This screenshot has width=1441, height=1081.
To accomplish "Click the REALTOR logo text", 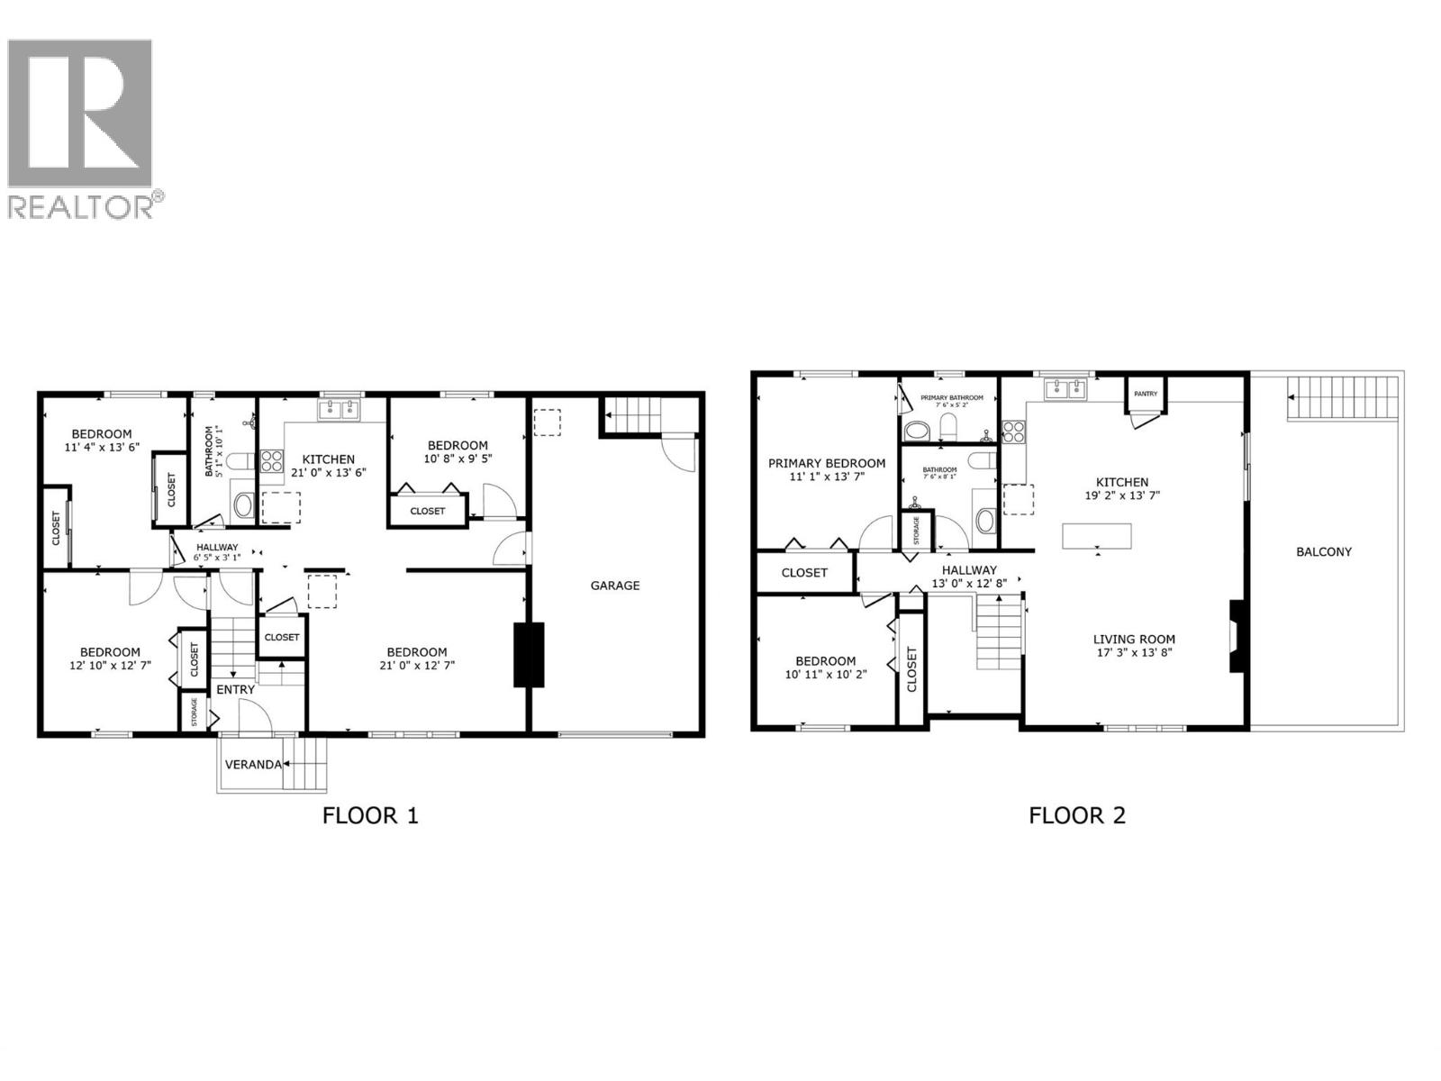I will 85,205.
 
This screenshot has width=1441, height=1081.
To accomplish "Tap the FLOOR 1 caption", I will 370,816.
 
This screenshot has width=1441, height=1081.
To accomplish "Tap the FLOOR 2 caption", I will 1077,816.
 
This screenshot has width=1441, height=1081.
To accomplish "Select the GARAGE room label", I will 615,586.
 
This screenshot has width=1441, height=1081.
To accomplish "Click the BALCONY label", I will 1323,552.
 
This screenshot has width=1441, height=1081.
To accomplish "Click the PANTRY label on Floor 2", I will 1146,394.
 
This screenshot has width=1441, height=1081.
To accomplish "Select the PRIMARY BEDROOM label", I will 826,464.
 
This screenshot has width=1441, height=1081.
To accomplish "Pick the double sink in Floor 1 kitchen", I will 340,411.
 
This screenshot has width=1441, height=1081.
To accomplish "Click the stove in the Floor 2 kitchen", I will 1014,432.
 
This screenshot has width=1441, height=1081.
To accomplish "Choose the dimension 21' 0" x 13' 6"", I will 328,472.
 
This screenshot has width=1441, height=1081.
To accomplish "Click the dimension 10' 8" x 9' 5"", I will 458,459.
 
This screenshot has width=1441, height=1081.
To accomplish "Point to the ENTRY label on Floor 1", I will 234,690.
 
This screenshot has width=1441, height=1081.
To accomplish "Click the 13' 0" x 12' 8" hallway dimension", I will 969,583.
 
